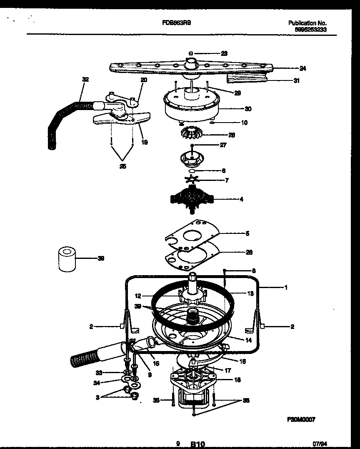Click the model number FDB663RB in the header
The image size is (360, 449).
tap(177, 24)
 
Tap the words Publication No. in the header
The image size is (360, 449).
tap(307, 23)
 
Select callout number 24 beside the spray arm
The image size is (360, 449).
tap(302, 68)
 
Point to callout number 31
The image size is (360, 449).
tap(296, 80)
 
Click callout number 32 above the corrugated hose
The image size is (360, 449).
tap(85, 79)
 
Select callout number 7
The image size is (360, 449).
tap(226, 181)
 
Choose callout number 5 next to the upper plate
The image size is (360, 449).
tap(247, 234)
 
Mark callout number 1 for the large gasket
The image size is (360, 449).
tap(285, 287)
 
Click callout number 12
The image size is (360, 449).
tap(138, 296)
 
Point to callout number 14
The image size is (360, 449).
tap(248, 340)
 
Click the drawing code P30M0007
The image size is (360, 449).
tap(300, 420)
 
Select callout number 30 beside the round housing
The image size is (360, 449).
tap(248, 109)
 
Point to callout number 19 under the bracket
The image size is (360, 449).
tap(144, 142)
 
